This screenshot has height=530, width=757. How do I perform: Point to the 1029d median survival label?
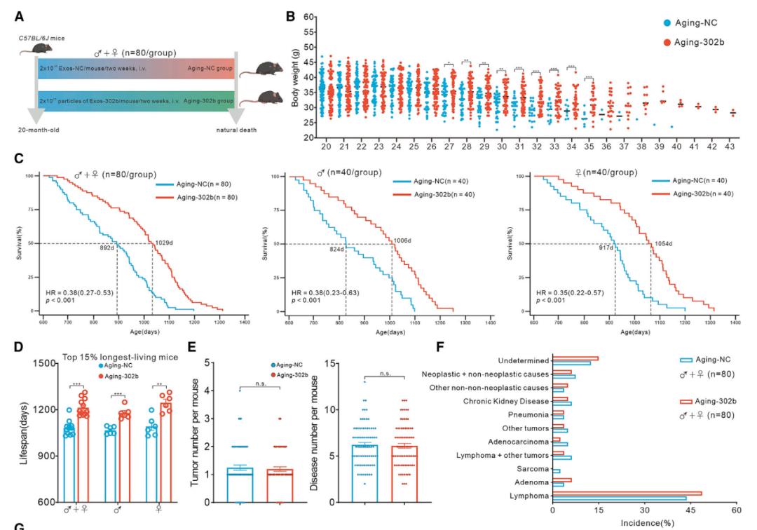pyautogui.click(x=163, y=242)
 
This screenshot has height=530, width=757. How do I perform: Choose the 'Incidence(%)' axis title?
pyautogui.click(x=643, y=522)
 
